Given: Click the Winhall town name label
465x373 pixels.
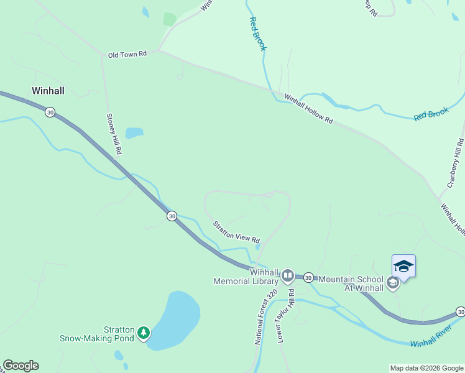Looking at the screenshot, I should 48,91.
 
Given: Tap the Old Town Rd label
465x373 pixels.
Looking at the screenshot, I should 127,54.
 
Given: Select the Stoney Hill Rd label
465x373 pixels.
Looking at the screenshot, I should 114,134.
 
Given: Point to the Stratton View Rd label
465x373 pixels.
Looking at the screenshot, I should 236,232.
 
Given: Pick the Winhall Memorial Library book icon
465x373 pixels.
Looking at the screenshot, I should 287,275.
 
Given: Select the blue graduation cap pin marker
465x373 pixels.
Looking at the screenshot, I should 403,267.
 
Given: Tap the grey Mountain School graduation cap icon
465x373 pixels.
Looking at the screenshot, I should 392,283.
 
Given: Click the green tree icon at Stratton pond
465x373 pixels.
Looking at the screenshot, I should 144,334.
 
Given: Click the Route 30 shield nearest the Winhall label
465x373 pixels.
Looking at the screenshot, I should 50,112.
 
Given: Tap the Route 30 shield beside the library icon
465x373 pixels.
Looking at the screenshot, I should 308,277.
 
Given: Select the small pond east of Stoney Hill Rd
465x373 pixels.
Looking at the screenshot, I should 134,133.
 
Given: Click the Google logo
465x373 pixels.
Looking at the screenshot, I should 21,366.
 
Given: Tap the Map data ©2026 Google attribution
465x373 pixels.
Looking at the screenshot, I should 426,368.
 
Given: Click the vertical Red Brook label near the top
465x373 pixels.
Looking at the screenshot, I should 257,34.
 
